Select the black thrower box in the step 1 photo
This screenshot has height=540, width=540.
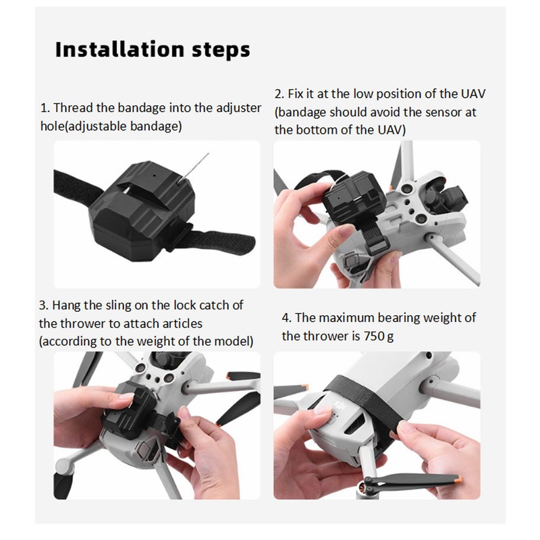click(x=142, y=211)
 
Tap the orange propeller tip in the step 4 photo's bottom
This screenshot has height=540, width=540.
click(x=457, y=478)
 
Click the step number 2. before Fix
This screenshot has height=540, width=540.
click(x=279, y=94)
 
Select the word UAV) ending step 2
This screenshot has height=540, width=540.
click(x=392, y=130)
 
